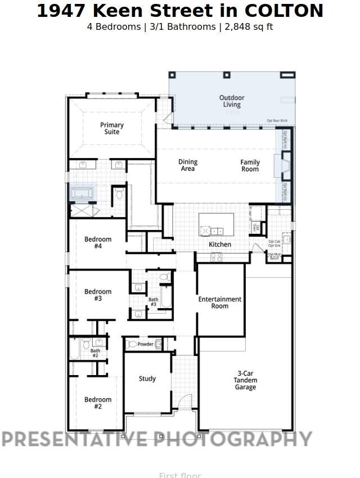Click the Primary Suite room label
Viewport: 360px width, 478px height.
(x=112, y=128)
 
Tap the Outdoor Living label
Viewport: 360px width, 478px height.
(x=232, y=101)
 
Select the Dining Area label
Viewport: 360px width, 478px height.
(x=188, y=165)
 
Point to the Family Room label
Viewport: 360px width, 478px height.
(x=250, y=165)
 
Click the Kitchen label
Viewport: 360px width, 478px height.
(x=220, y=245)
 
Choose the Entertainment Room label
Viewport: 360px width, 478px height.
(x=220, y=303)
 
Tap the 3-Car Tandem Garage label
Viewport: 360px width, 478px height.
(x=245, y=380)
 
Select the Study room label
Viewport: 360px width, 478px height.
(x=147, y=378)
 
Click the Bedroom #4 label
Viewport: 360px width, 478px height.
(x=98, y=242)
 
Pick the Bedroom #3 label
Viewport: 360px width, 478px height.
(x=98, y=295)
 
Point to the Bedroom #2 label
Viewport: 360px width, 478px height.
(x=98, y=403)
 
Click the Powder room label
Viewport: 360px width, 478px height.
(x=146, y=344)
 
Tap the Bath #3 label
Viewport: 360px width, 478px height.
(x=153, y=302)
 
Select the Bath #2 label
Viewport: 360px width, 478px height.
(x=94, y=353)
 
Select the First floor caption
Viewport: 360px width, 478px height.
(x=180, y=475)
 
